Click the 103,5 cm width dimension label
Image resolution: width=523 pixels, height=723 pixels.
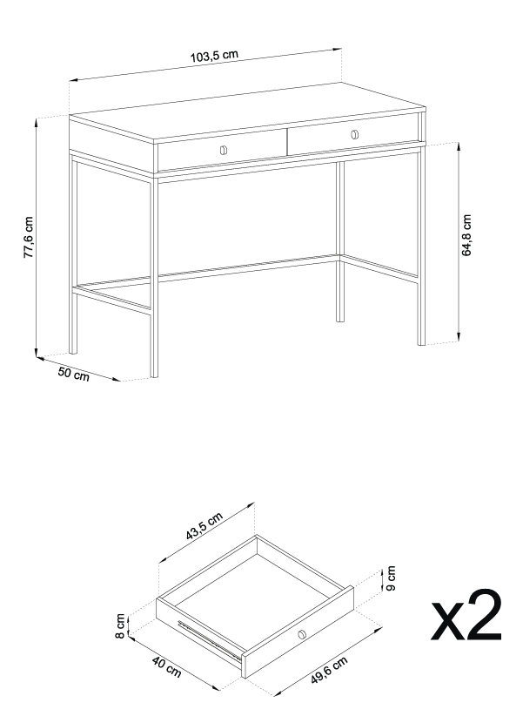tap(213, 57)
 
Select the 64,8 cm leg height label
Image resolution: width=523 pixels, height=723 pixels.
tap(466, 236)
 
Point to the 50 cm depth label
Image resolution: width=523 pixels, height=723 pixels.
tap(73, 375)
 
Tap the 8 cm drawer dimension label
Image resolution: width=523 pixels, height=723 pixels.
tap(121, 625)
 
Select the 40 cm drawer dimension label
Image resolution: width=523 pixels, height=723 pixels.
tap(166, 666)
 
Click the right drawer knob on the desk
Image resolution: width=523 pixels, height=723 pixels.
tap(354, 134)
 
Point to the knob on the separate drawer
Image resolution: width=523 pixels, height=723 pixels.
tap(301, 633)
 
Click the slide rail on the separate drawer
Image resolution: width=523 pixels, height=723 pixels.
tap(209, 639)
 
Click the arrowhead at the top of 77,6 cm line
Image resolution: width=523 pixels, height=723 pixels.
tap(37, 125)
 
